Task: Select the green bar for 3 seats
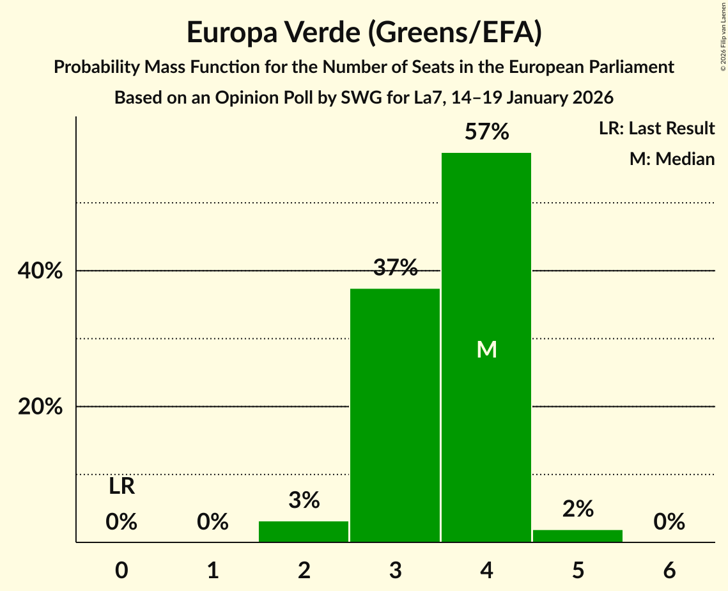pos(395,415)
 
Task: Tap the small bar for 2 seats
pos(304,532)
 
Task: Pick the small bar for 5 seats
pos(578,536)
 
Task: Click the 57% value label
pos(486,132)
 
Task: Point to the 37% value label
pos(395,268)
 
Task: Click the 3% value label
pos(304,500)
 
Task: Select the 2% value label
pos(578,508)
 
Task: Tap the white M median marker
pos(486,349)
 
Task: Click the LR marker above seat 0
pos(121,487)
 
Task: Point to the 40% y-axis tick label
pos(40,271)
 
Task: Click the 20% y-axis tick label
pos(40,407)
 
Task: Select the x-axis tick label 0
pos(121,570)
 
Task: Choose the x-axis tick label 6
pos(669,570)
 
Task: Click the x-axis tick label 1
pos(213,570)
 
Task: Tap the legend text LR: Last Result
pos(656,129)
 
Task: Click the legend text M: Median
pos(672,159)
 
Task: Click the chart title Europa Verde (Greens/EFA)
pos(364,33)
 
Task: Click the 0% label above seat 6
pos(669,522)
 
